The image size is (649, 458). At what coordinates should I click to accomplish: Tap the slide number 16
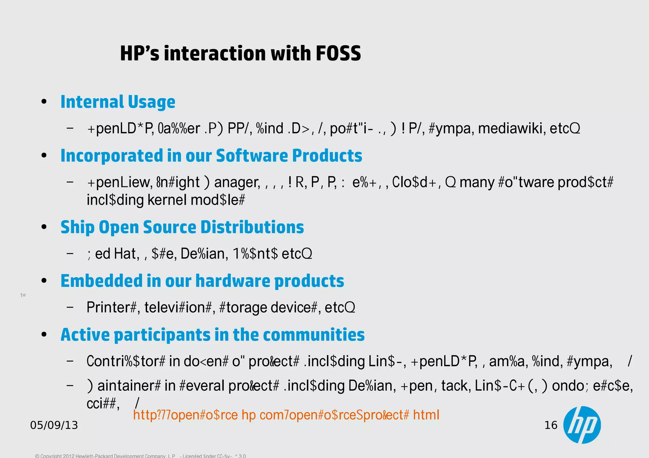[x=551, y=425]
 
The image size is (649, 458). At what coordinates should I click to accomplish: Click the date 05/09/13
[x=54, y=425]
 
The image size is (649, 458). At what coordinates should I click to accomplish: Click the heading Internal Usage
[x=118, y=102]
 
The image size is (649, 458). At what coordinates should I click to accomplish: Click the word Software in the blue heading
[x=252, y=156]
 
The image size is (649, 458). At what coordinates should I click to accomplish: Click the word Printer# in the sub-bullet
[x=111, y=307]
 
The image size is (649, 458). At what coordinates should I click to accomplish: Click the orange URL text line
[x=286, y=415]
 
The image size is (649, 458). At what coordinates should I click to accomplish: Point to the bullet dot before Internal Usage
[x=44, y=102]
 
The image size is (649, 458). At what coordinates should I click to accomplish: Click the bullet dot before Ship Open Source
[x=44, y=227]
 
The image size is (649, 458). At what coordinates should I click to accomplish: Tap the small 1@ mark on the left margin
[x=23, y=295]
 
